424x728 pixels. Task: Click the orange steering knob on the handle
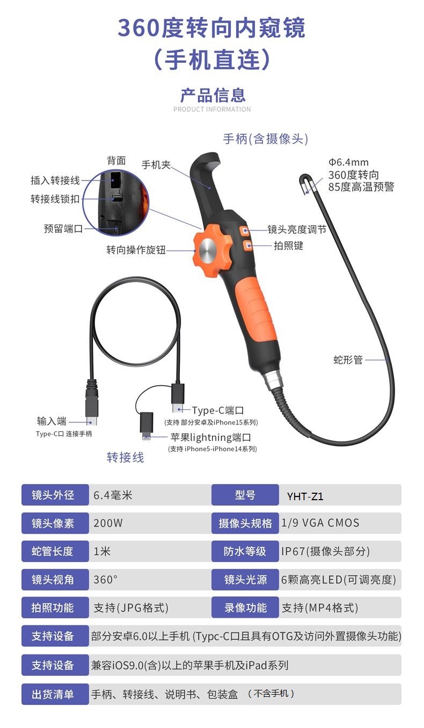212,250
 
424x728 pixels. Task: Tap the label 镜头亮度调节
297,229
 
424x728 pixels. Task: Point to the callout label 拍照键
288,246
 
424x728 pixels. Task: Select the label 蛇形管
348,360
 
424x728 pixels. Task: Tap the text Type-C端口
217,410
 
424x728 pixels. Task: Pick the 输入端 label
52,421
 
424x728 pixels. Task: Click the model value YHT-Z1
305,496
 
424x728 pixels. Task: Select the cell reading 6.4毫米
113,495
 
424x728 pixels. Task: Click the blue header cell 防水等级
245,551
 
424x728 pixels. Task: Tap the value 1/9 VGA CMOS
320,523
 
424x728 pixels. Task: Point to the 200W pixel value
108,523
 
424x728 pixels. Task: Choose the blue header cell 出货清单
55,694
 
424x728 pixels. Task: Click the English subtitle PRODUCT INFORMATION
212,109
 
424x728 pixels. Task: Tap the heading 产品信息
213,95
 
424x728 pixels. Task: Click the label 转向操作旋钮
136,250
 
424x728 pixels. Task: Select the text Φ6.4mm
348,162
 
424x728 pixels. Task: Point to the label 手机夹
156,165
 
